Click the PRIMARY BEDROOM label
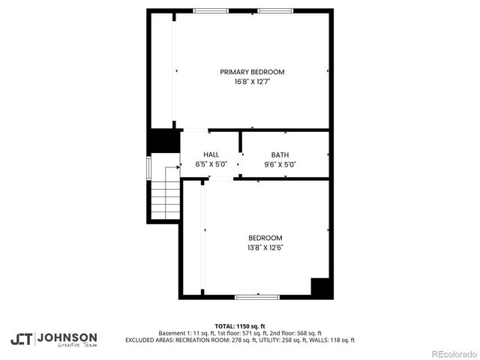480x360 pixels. pyautogui.click(x=252, y=72)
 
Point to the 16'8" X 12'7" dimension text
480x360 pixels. pyautogui.click(x=252, y=82)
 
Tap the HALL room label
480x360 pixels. pyautogui.click(x=211, y=154)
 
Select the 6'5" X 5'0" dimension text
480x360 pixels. pyautogui.click(x=211, y=163)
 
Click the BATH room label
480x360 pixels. pyautogui.click(x=280, y=154)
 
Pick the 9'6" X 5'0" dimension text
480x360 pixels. pyautogui.click(x=280, y=163)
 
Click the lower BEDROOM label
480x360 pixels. pyautogui.click(x=265, y=238)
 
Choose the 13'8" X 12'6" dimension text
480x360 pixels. pyautogui.click(x=265, y=247)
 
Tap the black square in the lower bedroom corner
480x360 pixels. pyautogui.click(x=320, y=287)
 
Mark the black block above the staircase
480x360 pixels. pyautogui.click(x=162, y=141)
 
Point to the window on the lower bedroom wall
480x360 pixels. pyautogui.click(x=257, y=297)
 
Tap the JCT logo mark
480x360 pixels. pyautogui.click(x=21, y=338)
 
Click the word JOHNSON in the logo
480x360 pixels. pyautogui.click(x=67, y=337)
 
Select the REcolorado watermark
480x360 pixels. pyautogui.click(x=451, y=353)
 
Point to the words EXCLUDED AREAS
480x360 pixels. pyautogui.click(x=149, y=340)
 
